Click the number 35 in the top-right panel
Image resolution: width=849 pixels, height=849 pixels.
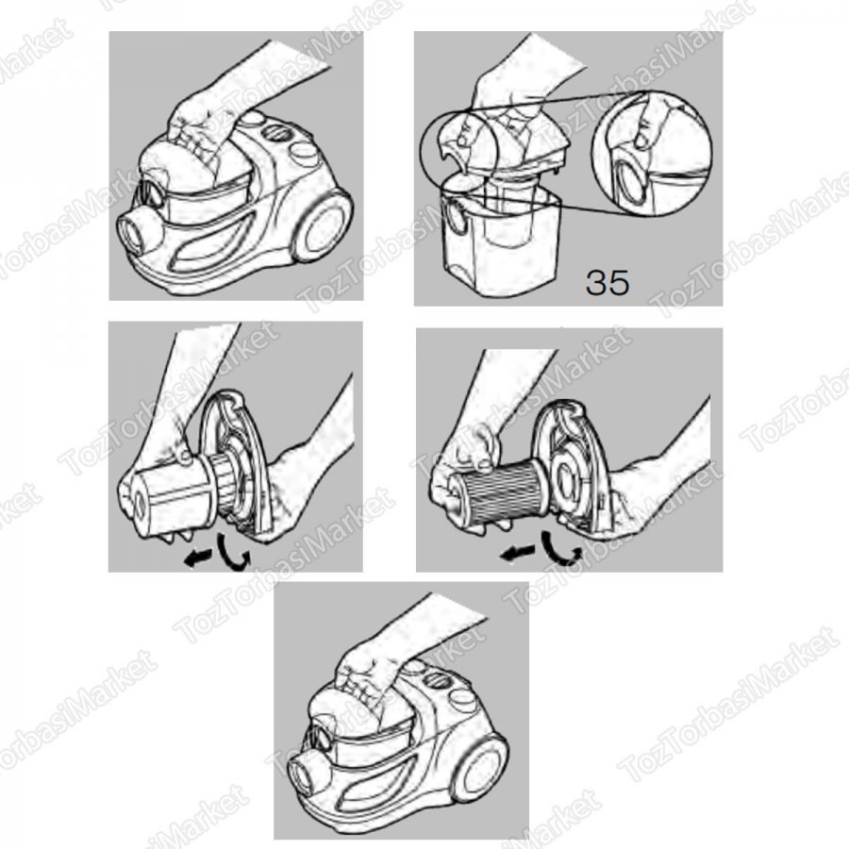coord(608,282)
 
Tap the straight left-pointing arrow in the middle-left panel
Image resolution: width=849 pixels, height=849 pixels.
coord(198,558)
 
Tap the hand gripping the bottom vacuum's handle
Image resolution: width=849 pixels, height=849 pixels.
coord(373,674)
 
